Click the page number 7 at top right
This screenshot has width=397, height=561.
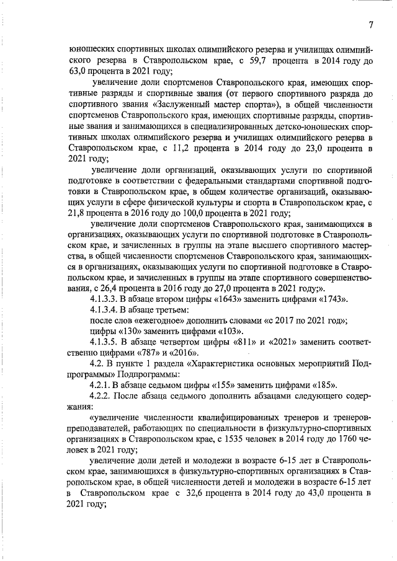point(370,25)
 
